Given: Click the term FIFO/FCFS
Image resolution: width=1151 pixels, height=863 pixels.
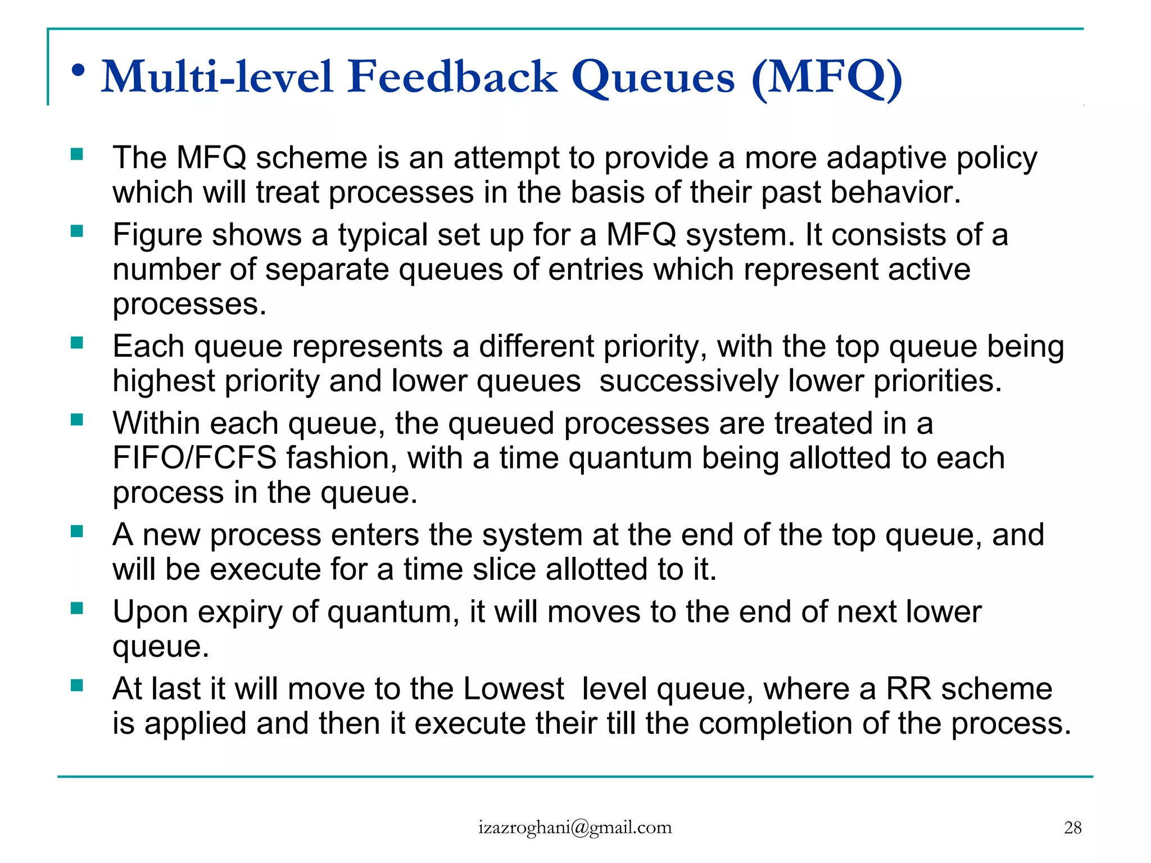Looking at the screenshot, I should point(194,458).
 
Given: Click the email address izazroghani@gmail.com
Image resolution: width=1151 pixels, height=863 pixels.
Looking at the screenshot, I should point(575,828).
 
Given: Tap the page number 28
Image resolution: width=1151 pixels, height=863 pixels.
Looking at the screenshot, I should point(1072,828).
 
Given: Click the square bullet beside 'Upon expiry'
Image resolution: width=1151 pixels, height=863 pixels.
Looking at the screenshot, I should point(77,608).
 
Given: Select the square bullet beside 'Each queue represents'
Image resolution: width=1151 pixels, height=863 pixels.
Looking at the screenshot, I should point(77,342).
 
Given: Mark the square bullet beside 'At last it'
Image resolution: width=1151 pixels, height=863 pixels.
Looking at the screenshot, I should point(77,685).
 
